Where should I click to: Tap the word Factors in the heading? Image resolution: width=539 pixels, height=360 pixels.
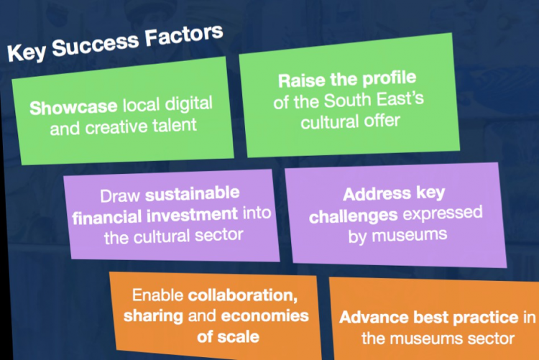184,35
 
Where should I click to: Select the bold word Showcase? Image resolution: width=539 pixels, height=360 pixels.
73,107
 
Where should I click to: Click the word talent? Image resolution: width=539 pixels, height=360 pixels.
175,125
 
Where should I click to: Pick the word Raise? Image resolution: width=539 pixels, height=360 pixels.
301,80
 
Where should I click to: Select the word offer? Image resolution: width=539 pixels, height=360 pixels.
382,121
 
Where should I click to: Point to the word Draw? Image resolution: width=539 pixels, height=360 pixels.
120,196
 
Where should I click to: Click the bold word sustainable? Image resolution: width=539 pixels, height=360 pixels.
192,193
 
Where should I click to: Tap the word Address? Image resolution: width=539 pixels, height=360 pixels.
377,194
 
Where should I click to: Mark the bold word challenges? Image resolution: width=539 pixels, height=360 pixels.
354,217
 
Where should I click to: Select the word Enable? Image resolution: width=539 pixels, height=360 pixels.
158,295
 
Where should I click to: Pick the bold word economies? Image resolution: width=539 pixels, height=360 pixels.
264,316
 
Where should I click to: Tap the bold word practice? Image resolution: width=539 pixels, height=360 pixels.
485,318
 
